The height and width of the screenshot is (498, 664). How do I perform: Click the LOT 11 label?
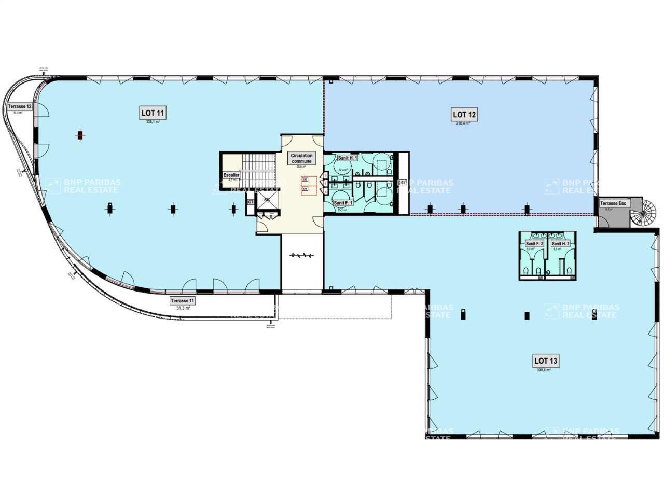[153, 113]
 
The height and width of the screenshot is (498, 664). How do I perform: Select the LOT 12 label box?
[465, 115]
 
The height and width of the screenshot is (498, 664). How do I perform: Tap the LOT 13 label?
[547, 361]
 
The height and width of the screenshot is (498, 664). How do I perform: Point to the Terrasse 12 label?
[20, 106]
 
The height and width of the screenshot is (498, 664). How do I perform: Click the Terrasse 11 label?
[183, 301]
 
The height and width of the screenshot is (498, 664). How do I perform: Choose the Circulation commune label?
[301, 158]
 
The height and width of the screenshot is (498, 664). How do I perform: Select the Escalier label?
[231, 175]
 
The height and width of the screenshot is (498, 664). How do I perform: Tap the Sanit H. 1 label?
[347, 158]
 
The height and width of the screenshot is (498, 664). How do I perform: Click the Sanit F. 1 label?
[343, 203]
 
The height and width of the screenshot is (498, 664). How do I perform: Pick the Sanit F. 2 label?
[534, 243]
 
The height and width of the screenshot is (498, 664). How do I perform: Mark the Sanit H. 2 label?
[561, 243]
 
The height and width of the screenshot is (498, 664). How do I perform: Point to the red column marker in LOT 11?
[80, 135]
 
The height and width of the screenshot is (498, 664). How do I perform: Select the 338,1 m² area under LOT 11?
[153, 122]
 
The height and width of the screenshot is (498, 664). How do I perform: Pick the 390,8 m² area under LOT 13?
[544, 370]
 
